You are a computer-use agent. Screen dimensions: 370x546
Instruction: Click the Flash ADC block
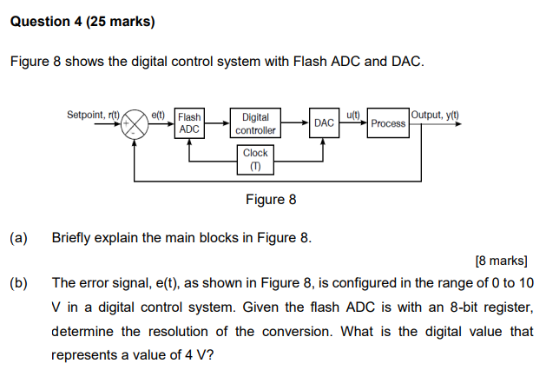coord(189,123)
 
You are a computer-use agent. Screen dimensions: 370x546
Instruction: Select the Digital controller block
coord(255,123)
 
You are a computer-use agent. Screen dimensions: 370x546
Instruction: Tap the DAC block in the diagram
coord(324,123)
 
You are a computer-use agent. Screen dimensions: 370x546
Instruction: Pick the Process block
coord(387,123)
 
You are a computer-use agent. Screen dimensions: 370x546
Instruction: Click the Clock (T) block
coord(255,159)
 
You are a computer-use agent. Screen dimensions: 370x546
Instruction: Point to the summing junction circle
coord(135,123)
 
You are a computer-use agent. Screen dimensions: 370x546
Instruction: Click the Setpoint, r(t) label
coord(93,114)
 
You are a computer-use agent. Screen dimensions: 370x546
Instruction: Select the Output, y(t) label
coord(436,115)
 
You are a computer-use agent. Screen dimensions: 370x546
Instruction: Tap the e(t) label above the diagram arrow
coord(158,114)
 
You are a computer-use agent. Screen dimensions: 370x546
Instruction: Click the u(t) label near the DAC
coord(353,114)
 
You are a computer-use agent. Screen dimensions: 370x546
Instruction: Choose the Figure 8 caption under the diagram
coord(271,200)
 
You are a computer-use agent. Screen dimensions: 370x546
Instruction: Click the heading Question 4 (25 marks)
coord(82,22)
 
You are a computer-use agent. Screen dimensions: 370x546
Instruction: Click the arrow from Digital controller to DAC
coord(296,123)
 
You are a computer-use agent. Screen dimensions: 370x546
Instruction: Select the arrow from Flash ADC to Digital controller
coord(217,123)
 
